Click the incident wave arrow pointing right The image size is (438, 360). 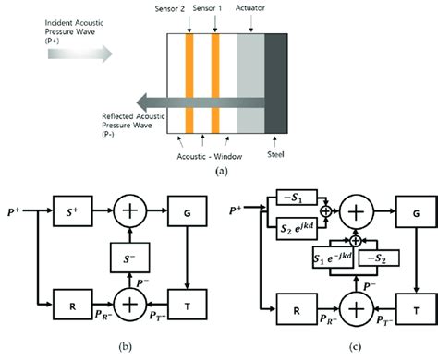pyautogui.click(x=79, y=54)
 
